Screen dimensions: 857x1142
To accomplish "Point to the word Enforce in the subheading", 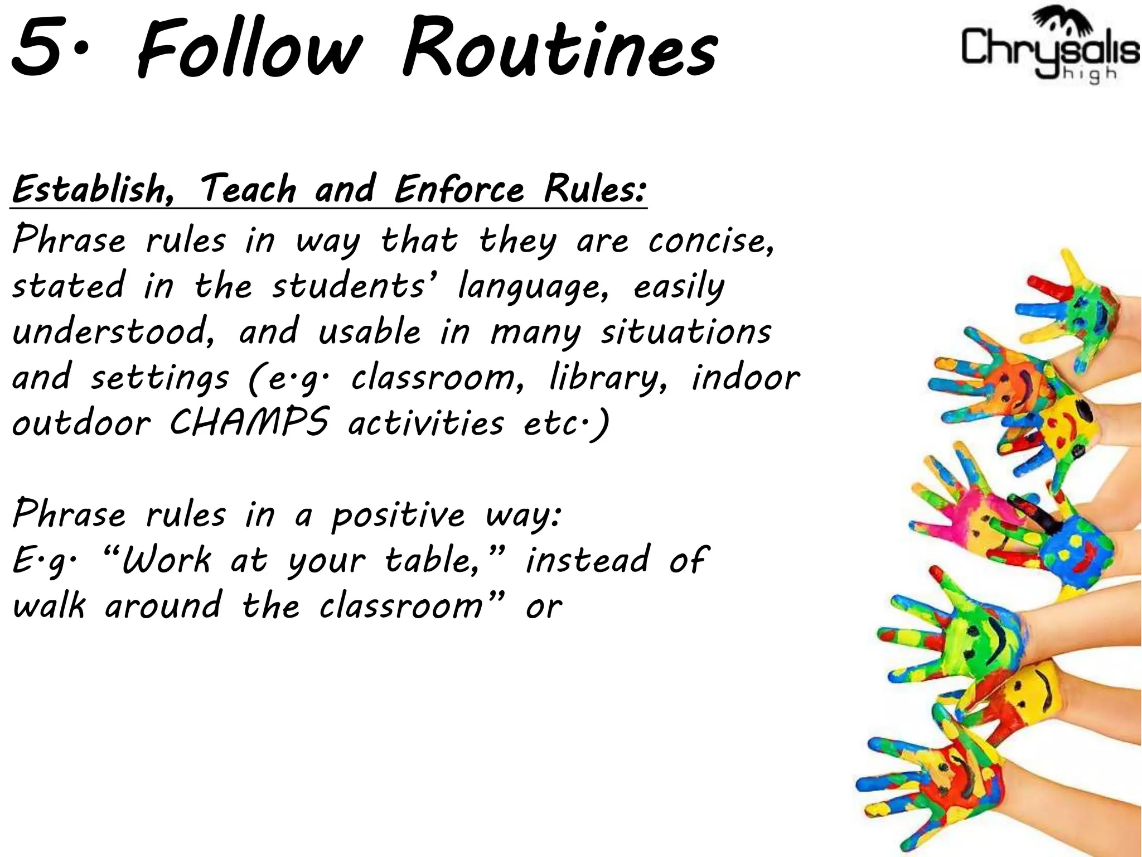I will [x=459, y=190].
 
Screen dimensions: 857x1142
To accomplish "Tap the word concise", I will [x=711, y=242].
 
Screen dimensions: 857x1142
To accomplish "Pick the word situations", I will [x=686, y=333].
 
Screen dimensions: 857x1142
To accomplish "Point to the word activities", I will [x=426, y=423].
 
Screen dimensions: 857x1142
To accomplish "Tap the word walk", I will [x=49, y=606].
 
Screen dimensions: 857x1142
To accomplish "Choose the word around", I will [x=163, y=606].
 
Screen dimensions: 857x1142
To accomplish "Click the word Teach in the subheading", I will [x=248, y=190].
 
